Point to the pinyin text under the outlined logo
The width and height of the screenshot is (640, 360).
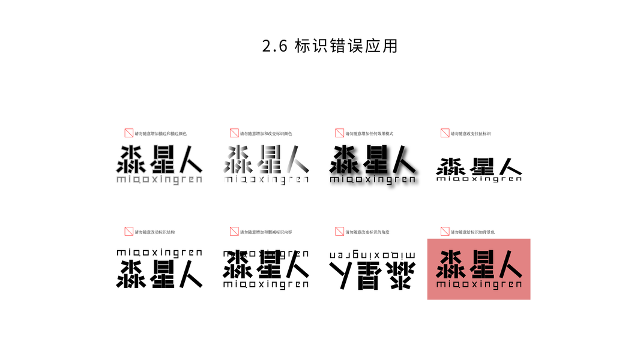click(x=159, y=179)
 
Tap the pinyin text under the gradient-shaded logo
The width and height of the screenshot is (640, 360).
click(x=265, y=179)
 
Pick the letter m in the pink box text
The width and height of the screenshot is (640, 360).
click(x=440, y=284)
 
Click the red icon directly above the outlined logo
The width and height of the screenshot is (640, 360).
click(x=129, y=133)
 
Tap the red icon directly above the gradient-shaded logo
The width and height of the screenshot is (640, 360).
click(x=234, y=133)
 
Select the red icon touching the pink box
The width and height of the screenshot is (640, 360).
click(x=445, y=231)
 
